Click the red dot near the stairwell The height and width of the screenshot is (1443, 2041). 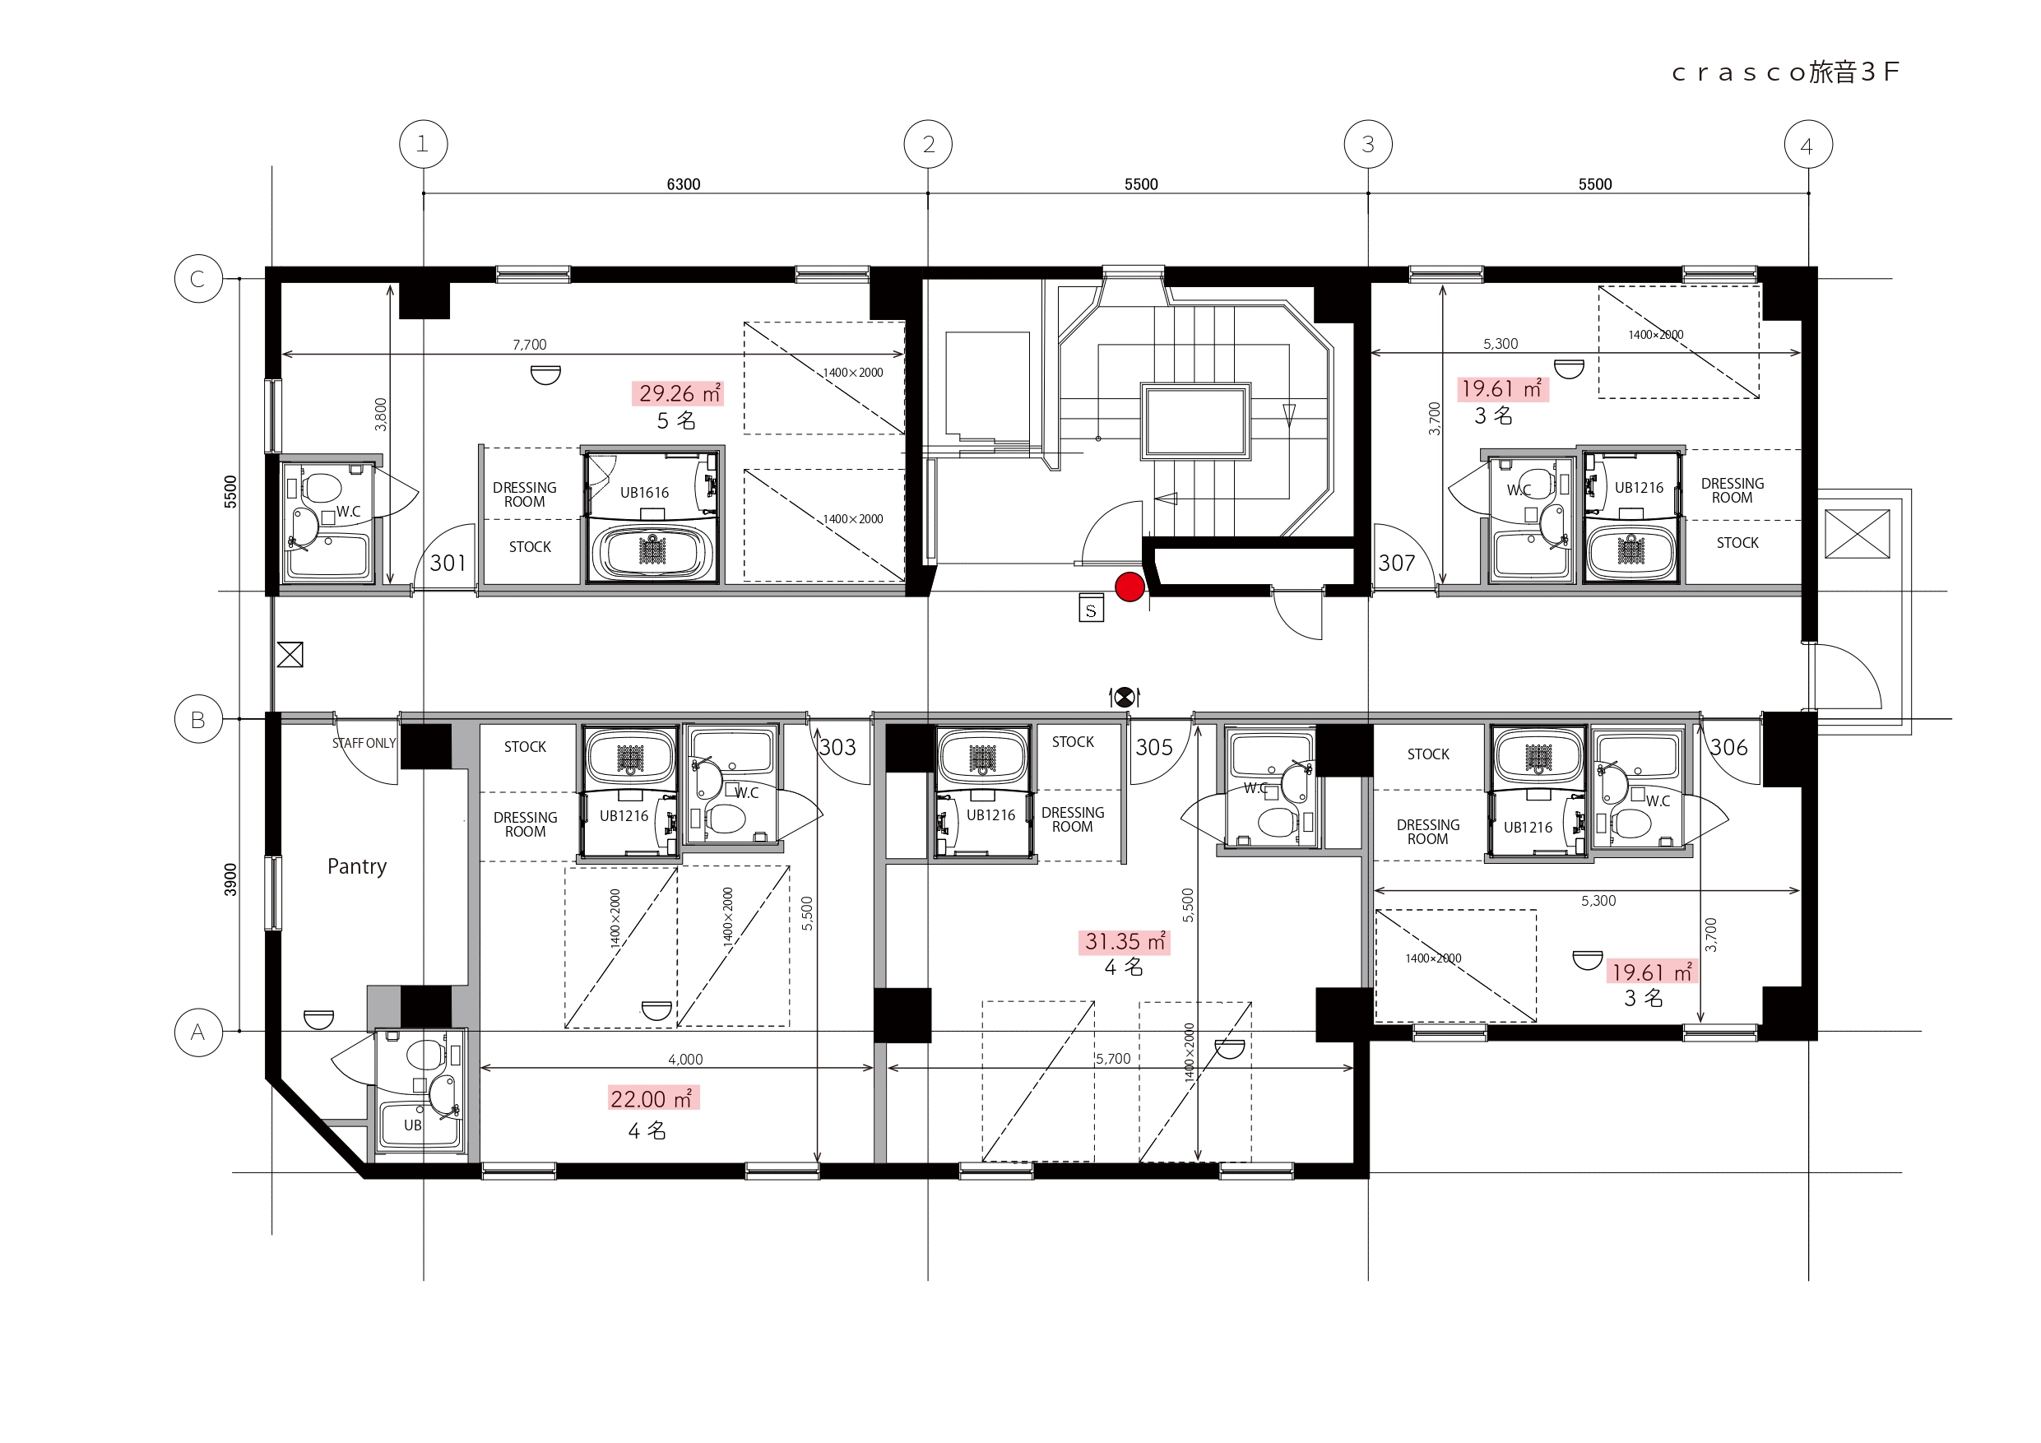point(1130,587)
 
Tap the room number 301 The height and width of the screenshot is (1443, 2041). point(448,563)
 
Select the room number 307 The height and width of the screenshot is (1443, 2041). point(1397,563)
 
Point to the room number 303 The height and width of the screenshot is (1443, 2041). point(837,748)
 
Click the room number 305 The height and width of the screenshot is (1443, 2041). point(1154,748)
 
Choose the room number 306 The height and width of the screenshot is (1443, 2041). point(1729,748)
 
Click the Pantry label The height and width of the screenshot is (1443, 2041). point(357,867)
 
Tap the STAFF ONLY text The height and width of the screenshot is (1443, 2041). point(364,743)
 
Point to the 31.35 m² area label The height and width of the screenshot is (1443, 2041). point(1125,941)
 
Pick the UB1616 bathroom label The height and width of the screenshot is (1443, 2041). point(644,493)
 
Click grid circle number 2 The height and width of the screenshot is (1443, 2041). point(928,144)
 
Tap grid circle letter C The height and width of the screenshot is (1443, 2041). point(198,278)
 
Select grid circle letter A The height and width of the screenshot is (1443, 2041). point(198,1032)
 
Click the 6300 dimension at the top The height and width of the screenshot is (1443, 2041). point(684,184)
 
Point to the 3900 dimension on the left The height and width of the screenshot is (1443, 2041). point(230,879)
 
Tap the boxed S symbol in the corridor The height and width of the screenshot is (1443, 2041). point(1092,608)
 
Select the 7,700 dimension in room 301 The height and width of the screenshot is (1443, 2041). point(530,345)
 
